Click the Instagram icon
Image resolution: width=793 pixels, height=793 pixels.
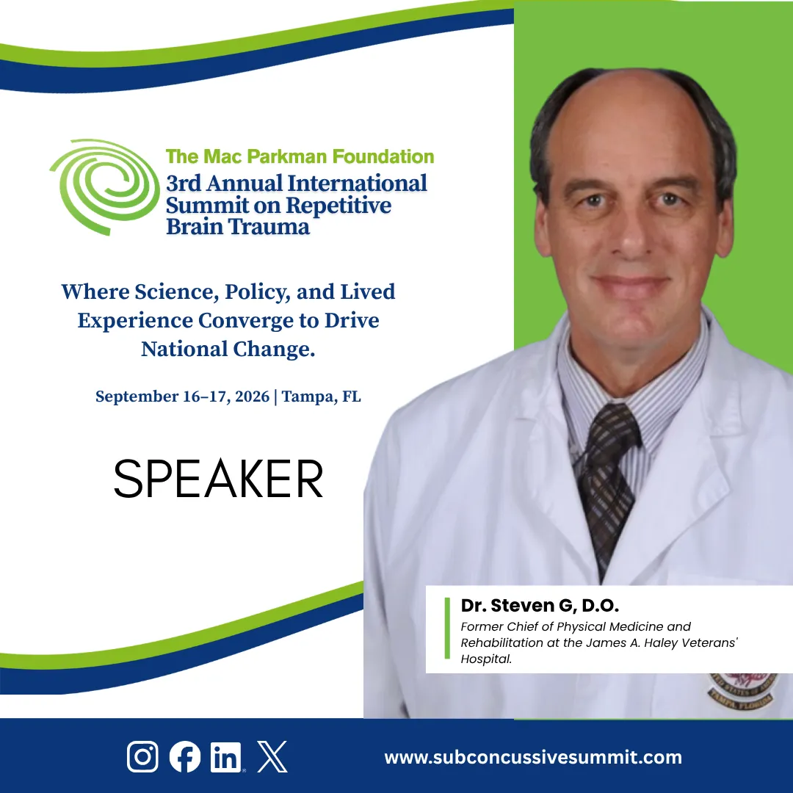pyautogui.click(x=142, y=756)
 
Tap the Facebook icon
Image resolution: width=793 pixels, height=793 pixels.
pyautogui.click(x=184, y=756)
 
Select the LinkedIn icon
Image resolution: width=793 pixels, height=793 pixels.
pyautogui.click(x=226, y=757)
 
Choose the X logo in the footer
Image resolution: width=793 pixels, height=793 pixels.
pyautogui.click(x=272, y=756)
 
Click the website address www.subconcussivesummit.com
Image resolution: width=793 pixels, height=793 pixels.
pyautogui.click(x=533, y=757)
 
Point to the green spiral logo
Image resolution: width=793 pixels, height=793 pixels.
pyautogui.click(x=105, y=187)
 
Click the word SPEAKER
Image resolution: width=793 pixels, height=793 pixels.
pyautogui.click(x=218, y=479)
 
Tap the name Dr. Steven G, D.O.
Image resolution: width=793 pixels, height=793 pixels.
pyautogui.click(x=540, y=605)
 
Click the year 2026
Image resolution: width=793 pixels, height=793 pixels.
pyautogui.click(x=253, y=396)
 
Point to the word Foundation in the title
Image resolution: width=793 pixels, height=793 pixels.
pyautogui.click(x=383, y=157)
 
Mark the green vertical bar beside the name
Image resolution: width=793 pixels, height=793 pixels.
pyautogui.click(x=447, y=628)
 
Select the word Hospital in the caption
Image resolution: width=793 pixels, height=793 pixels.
pyautogui.click(x=486, y=659)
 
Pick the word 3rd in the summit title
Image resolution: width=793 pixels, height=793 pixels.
pyautogui.click(x=184, y=184)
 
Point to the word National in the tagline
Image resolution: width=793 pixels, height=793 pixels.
pyautogui.click(x=184, y=349)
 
